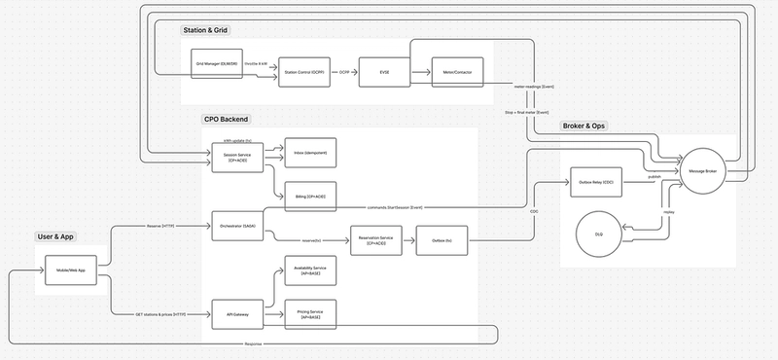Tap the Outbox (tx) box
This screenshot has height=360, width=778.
pyautogui.click(x=443, y=238)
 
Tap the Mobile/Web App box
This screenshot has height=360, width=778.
pyautogui.click(x=73, y=270)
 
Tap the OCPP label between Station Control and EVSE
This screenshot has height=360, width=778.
pyautogui.click(x=344, y=73)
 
